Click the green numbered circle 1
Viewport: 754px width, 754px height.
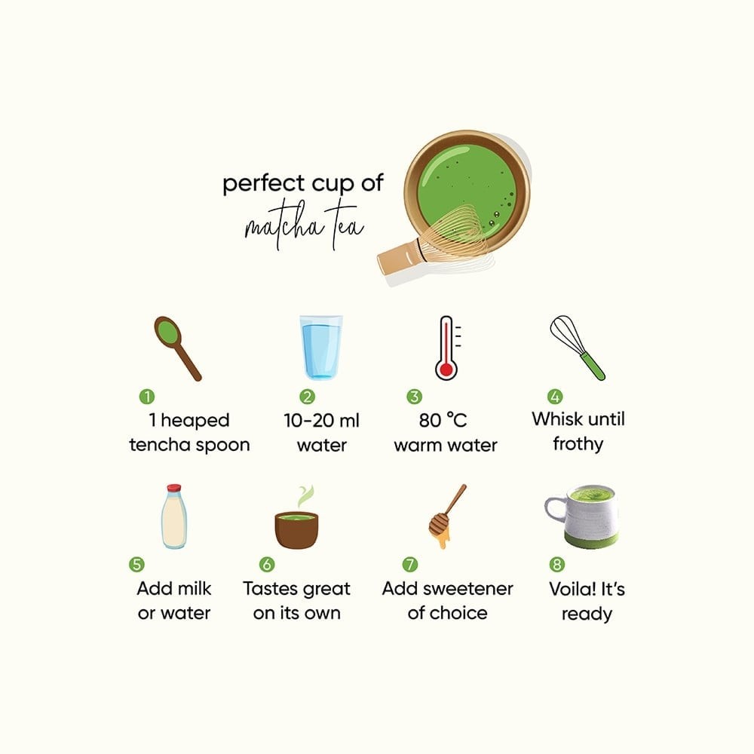[147, 397]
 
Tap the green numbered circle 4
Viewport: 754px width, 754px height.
[555, 397]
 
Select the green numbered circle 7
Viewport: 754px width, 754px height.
[410, 564]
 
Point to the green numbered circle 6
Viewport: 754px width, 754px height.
[267, 564]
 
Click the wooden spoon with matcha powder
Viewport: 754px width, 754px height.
[177, 348]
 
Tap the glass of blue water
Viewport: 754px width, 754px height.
[320, 347]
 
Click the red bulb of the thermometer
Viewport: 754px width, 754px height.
[446, 369]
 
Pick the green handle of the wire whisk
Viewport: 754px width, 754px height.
[593, 366]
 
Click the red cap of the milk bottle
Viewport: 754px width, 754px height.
[173, 488]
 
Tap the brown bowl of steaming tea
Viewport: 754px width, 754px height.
[296, 530]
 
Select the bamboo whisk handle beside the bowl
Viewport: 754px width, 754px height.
[399, 258]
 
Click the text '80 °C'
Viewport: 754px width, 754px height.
[443, 420]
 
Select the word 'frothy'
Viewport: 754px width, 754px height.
[578, 444]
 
